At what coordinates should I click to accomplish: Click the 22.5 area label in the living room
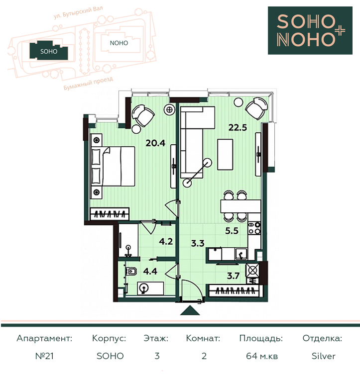(x=238, y=128)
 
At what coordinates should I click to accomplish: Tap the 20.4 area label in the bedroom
(x=155, y=143)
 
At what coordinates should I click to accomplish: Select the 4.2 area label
(x=166, y=241)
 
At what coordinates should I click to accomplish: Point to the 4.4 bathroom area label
(x=150, y=271)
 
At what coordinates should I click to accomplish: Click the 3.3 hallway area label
(x=198, y=243)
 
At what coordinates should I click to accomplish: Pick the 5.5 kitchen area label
(x=232, y=231)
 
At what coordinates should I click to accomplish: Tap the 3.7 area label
(x=233, y=276)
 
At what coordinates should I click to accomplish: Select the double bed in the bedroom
(x=113, y=167)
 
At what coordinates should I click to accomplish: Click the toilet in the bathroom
(x=131, y=271)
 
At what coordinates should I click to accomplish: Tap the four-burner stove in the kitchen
(x=254, y=228)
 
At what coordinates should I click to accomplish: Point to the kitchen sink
(x=241, y=254)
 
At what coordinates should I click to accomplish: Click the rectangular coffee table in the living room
(x=225, y=154)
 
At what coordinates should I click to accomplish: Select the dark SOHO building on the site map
(x=49, y=50)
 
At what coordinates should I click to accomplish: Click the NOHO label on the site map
(x=119, y=43)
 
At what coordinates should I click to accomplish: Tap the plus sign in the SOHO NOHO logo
(x=339, y=31)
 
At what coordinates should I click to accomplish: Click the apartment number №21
(x=44, y=356)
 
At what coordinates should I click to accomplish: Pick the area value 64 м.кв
(x=262, y=356)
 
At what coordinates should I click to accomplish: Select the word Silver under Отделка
(x=324, y=356)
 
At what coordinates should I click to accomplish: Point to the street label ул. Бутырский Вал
(x=78, y=12)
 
